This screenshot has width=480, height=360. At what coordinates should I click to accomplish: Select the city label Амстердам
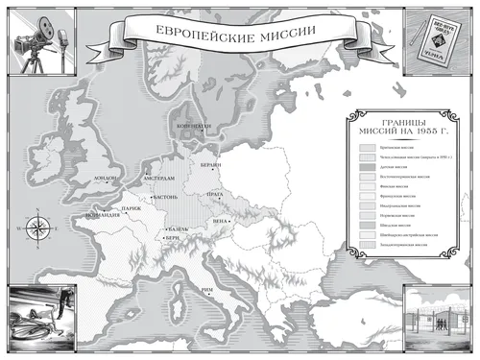click(157, 179)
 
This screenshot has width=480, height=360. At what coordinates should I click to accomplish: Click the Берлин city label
click(213, 165)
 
